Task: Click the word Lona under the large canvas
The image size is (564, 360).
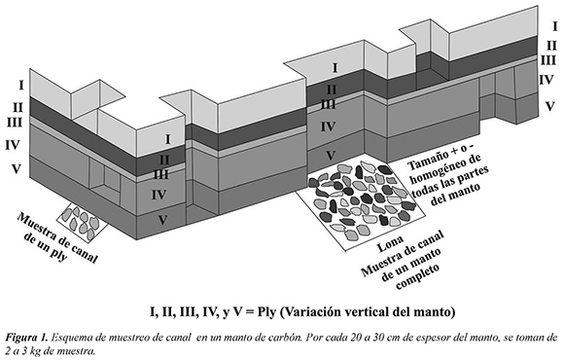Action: pos(390,244)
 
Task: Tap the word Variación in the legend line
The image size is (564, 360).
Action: pos(309,312)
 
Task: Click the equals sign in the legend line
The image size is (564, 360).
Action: pos(249,312)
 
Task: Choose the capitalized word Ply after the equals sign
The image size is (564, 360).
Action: pos(266,312)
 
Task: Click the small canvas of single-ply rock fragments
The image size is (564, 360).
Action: pos(83,220)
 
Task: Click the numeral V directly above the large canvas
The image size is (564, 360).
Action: pos(331,156)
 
